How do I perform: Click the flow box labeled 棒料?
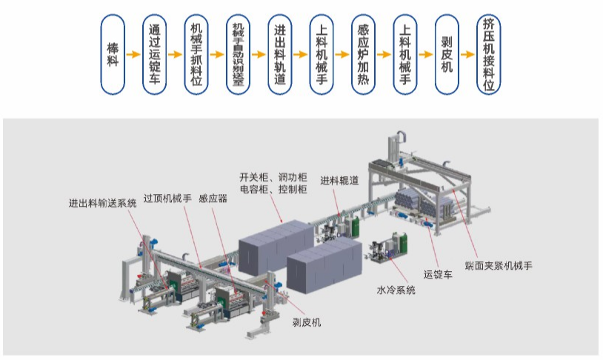pos(113,55)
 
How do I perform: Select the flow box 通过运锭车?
pos(155,55)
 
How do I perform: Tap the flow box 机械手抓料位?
pos(196,55)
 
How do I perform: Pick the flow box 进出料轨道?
pos(280,55)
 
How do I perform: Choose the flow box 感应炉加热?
pos(363,55)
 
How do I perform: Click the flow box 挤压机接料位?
pos(488,55)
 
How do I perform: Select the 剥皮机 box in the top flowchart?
pos(446,55)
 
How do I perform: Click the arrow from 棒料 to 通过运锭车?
pos(133,55)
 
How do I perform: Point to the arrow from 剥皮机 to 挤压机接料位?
pos(467,55)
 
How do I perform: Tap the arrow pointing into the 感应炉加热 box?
pos(342,55)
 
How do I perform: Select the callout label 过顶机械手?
pos(167,198)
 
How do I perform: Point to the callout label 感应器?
pos(213,199)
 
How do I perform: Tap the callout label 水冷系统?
pos(396,290)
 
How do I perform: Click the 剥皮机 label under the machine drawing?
pos(306,322)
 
